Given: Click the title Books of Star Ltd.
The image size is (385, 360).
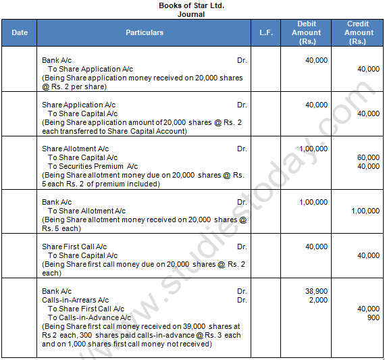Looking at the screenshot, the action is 191,5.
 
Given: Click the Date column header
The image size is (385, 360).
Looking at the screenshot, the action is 20,32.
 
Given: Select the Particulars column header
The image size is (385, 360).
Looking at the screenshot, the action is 144,32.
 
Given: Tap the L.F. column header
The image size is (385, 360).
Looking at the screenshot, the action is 266,32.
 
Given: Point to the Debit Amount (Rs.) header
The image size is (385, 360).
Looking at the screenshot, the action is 307,32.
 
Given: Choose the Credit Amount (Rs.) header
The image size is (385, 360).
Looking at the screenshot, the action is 359,32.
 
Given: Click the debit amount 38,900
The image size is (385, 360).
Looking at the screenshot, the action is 316,290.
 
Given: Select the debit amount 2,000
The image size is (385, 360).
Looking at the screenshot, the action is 319,299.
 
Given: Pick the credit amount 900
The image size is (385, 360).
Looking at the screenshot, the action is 373,317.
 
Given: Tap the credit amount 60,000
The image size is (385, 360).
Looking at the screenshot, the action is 368,157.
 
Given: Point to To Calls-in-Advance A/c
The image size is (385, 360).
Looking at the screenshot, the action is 89,317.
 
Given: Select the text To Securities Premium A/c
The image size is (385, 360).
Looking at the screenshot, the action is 93,166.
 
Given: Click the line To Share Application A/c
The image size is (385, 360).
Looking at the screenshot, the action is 90,69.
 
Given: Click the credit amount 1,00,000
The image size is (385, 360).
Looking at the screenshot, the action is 365,211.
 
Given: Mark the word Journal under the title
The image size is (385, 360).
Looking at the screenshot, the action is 191,14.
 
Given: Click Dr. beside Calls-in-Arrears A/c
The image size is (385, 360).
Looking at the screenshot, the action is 242,300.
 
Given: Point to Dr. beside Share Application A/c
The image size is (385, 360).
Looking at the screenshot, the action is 242,105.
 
